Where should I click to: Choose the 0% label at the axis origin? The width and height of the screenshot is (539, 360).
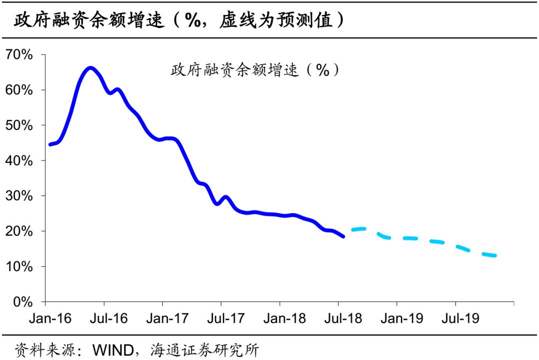(x=22, y=302)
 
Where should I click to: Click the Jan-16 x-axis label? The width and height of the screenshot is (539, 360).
(x=49, y=319)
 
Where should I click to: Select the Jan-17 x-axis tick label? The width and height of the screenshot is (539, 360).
(x=166, y=319)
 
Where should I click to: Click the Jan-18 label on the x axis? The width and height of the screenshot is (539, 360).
(x=283, y=319)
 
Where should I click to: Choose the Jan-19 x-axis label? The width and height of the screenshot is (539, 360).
(x=401, y=319)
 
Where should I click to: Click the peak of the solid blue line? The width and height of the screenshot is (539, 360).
(x=90, y=67)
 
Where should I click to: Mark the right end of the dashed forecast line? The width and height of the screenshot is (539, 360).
(x=496, y=256)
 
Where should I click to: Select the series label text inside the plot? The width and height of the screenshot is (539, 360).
(x=255, y=70)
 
